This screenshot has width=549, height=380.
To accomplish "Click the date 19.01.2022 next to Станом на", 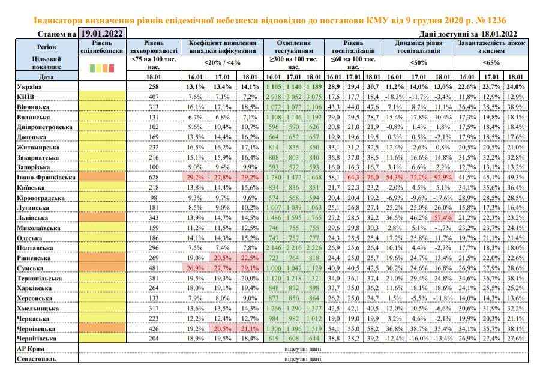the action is pyautogui.click(x=102, y=34).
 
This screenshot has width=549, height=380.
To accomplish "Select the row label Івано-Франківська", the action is pyautogui.click(x=46, y=178).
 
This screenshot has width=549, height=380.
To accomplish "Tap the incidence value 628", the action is pyautogui.click(x=154, y=178).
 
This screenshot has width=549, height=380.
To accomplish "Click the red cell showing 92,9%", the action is pyautogui.click(x=443, y=178).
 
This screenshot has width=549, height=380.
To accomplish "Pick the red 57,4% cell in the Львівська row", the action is pyautogui.click(x=443, y=218).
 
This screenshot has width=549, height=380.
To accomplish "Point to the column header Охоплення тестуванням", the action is pyautogui.click(x=294, y=47).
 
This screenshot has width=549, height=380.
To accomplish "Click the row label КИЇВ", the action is pyautogui.click(x=26, y=97).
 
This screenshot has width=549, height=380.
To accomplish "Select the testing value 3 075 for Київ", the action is pyautogui.click(x=314, y=97).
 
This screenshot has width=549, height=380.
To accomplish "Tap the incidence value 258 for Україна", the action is pyautogui.click(x=154, y=87).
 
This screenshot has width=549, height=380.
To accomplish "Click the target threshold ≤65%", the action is pyautogui.click(x=491, y=63).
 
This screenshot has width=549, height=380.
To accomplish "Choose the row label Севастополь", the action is pyautogui.click(x=37, y=359).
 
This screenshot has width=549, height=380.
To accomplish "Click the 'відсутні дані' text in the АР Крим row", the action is pyautogui.click(x=303, y=349).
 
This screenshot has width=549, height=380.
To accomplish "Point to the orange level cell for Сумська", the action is pyautogui.click(x=102, y=268).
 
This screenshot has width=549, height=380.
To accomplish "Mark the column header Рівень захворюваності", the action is pyautogui.click(x=154, y=47).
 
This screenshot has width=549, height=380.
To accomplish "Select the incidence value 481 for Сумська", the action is pyautogui.click(x=154, y=268).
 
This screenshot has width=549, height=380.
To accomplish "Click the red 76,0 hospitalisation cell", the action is pyautogui.click(x=373, y=178).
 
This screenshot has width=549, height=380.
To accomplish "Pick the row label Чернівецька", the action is pyautogui.click(x=36, y=329).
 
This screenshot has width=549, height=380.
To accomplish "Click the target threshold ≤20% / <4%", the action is pyautogui.click(x=223, y=63).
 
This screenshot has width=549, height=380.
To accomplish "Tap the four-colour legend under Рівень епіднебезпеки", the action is pyautogui.click(x=102, y=68).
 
